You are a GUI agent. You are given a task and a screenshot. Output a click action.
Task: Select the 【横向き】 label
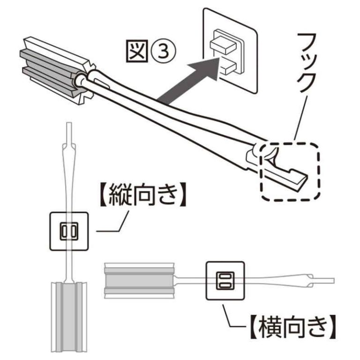[291, 327]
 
